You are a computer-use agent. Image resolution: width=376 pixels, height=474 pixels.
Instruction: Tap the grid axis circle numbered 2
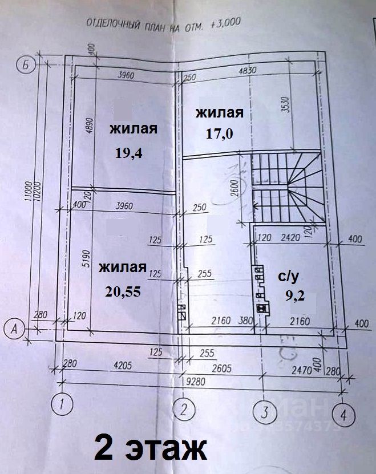coord(184,409)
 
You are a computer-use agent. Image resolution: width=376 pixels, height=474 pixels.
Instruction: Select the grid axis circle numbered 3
coord(264,412)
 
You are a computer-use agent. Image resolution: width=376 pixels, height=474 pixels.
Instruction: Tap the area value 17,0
coord(219,135)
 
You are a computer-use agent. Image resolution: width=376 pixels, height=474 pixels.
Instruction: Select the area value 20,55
coord(123,291)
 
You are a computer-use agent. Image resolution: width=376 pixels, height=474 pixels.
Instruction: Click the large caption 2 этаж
coord(149,449)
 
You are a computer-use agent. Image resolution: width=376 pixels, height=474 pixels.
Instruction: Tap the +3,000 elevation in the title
coord(226,23)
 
